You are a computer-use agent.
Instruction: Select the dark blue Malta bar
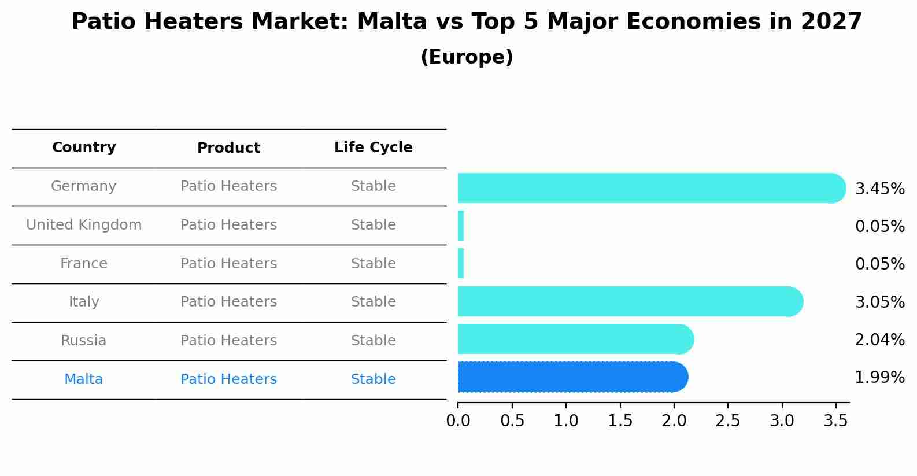572,377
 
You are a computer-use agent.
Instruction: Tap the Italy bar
630,301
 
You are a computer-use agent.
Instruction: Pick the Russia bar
575,339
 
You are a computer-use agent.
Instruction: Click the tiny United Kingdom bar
461,226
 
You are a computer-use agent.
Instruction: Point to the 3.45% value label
879,189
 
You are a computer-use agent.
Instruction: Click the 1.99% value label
879,378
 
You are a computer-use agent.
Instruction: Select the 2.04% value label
879,340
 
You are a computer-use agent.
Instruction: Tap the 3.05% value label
879,302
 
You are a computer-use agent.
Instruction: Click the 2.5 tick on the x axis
728,420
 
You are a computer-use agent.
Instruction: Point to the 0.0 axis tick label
458,420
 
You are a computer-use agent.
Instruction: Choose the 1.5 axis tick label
620,420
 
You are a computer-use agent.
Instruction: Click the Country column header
84,147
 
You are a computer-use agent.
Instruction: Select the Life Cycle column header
373,147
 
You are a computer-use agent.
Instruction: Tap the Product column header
228,148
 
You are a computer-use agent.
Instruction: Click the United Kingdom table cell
84,225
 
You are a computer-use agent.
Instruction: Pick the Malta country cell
84,379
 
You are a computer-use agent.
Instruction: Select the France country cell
84,264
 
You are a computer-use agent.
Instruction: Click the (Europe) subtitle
467,57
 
